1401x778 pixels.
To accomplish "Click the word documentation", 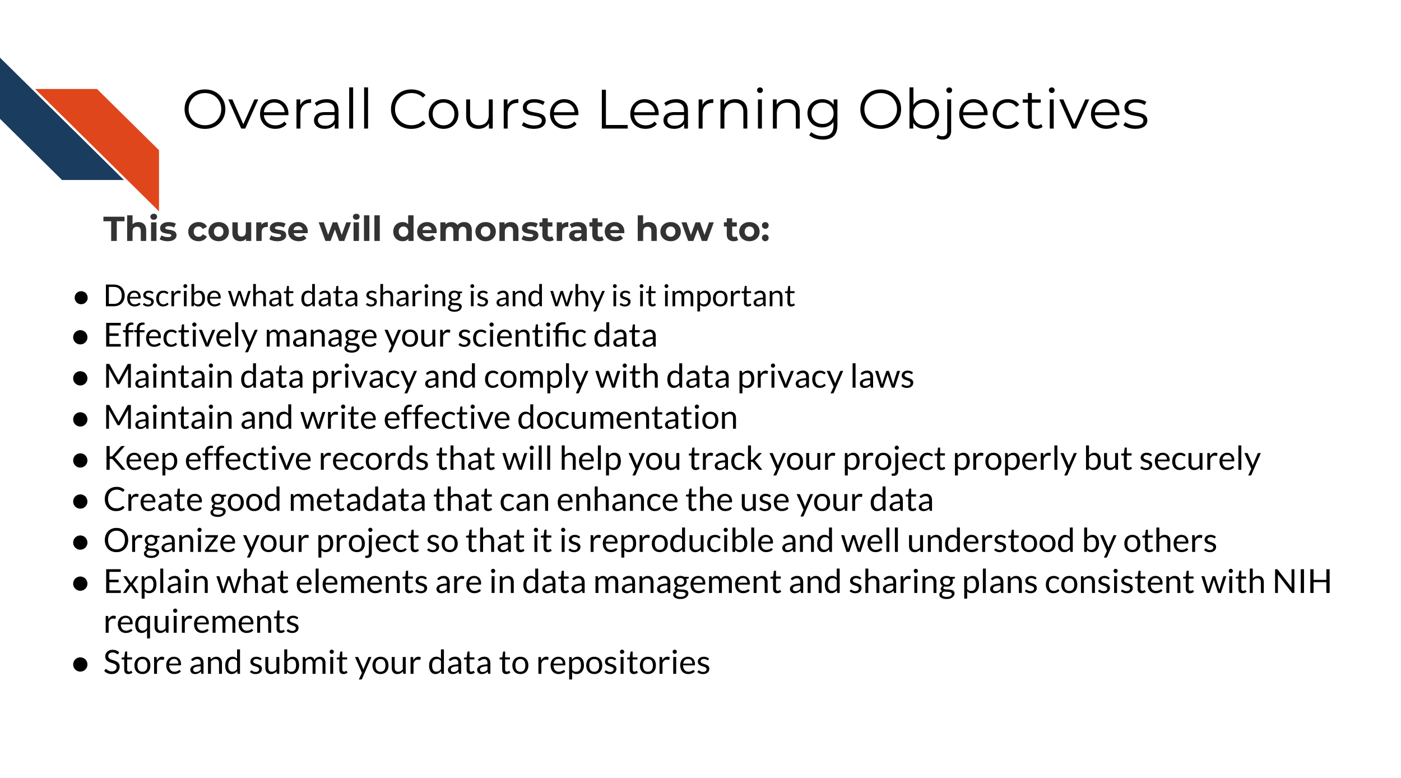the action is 627,418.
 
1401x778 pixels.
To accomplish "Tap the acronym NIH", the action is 1302,582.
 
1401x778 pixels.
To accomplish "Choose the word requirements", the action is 202,623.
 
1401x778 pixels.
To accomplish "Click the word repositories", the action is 623,664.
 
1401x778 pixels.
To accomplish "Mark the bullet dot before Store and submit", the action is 81,665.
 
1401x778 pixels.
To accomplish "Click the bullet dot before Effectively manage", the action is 81,337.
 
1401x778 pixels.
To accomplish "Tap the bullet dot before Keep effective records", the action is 81,460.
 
